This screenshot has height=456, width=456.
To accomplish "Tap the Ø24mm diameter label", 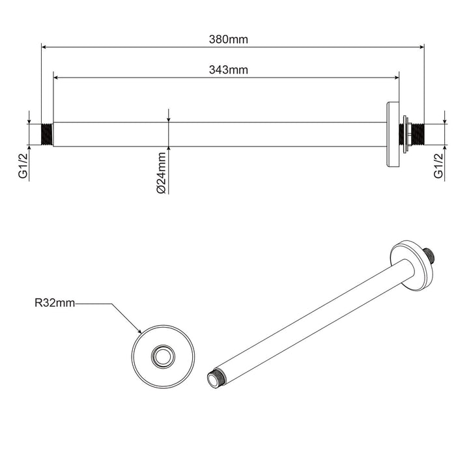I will [x=162, y=171].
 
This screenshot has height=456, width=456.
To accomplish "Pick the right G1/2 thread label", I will [x=438, y=166].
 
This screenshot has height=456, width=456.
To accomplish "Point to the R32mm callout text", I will [x=55, y=303].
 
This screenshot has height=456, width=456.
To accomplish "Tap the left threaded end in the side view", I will [x=47, y=134].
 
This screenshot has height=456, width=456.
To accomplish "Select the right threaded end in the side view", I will [x=416, y=134].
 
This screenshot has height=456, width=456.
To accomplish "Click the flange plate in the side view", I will [x=392, y=134].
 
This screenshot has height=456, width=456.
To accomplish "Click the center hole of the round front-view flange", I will [x=162, y=356].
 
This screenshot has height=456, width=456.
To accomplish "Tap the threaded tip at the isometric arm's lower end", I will [x=214, y=380].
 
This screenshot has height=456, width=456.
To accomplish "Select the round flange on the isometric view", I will [x=412, y=265].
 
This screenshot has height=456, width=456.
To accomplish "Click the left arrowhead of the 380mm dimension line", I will [x=44, y=47].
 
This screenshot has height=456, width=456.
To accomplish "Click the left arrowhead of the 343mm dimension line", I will [x=55, y=78].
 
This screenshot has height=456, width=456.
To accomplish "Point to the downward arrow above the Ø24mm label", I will [x=169, y=119].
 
